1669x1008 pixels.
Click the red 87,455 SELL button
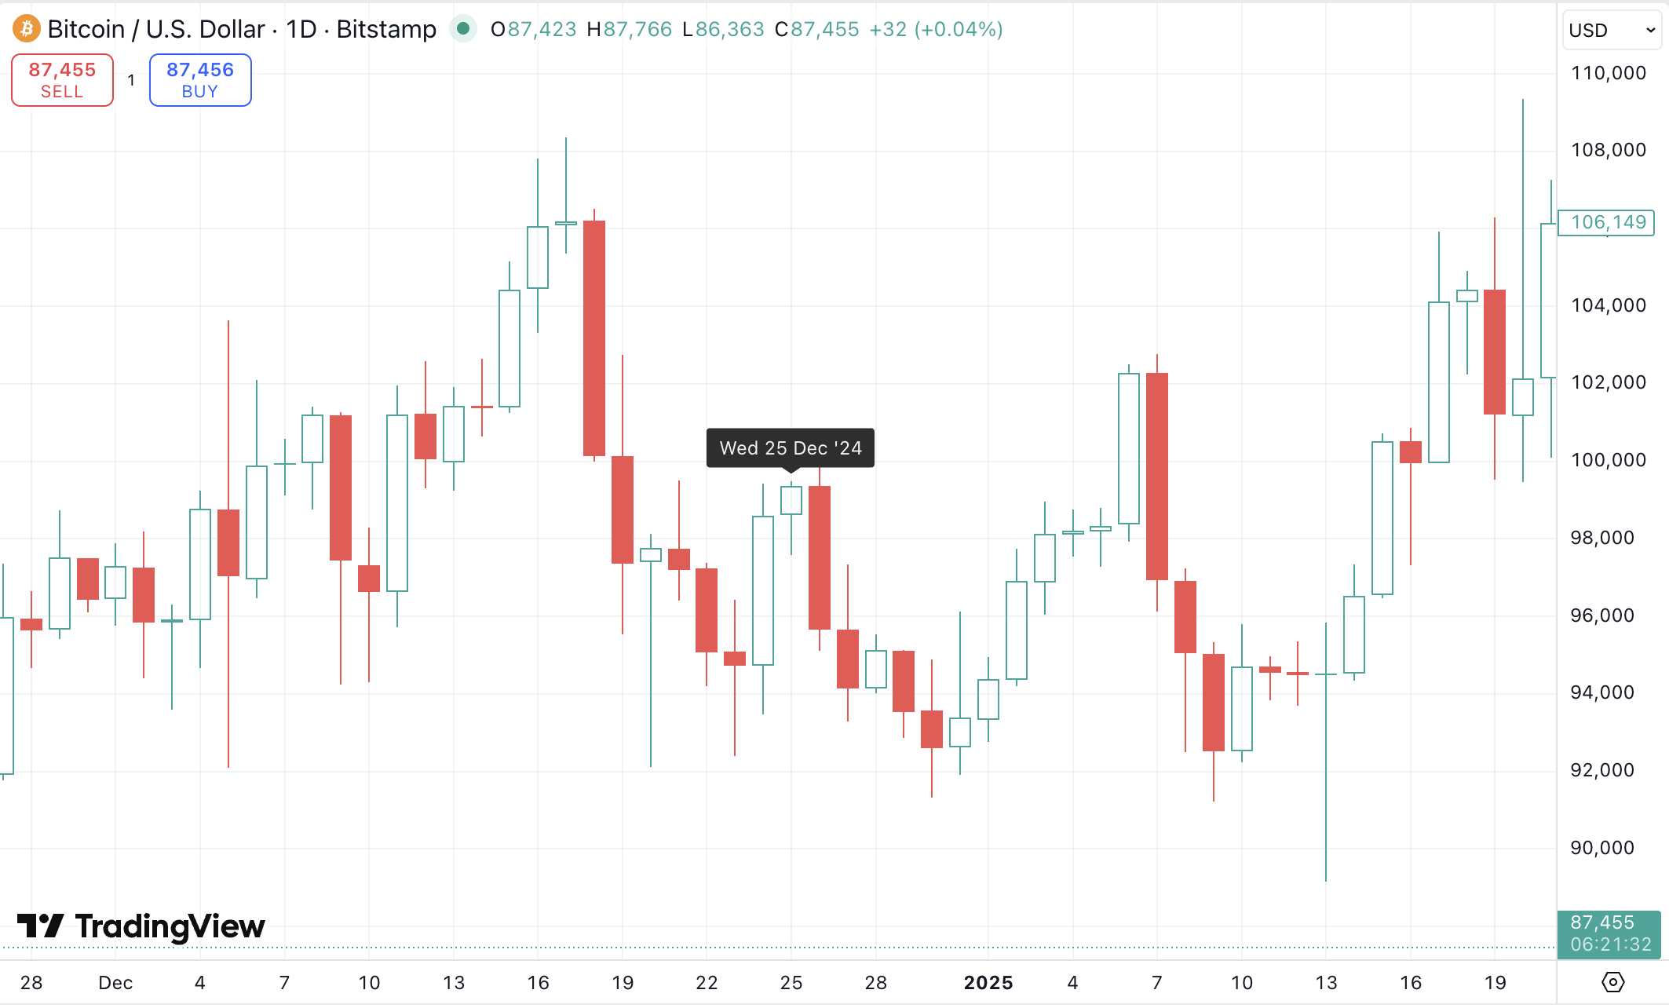[x=62, y=80]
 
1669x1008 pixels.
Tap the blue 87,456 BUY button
[x=200, y=80]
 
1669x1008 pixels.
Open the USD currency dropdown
[x=1612, y=31]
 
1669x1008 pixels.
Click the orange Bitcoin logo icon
[x=27, y=29]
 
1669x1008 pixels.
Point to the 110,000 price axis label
[x=1608, y=73]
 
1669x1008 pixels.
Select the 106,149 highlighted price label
[x=1607, y=222]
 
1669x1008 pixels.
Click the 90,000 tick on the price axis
[x=1601, y=848]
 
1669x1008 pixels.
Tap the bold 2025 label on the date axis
[x=988, y=983]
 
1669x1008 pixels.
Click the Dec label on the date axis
[x=115, y=983]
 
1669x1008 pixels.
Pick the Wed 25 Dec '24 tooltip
[x=791, y=448]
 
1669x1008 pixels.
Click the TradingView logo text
[x=170, y=926]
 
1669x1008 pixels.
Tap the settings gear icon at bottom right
[x=1612, y=982]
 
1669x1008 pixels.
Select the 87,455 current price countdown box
[x=1609, y=933]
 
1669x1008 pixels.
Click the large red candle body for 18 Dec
[x=594, y=338]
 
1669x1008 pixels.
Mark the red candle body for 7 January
[x=1157, y=476]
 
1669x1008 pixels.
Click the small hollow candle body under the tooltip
[x=791, y=500]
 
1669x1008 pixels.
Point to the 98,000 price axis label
[x=1601, y=538]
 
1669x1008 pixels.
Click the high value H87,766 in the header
[x=630, y=30]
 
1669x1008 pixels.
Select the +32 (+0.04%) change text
[x=936, y=30]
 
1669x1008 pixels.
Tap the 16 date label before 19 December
[x=538, y=983]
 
